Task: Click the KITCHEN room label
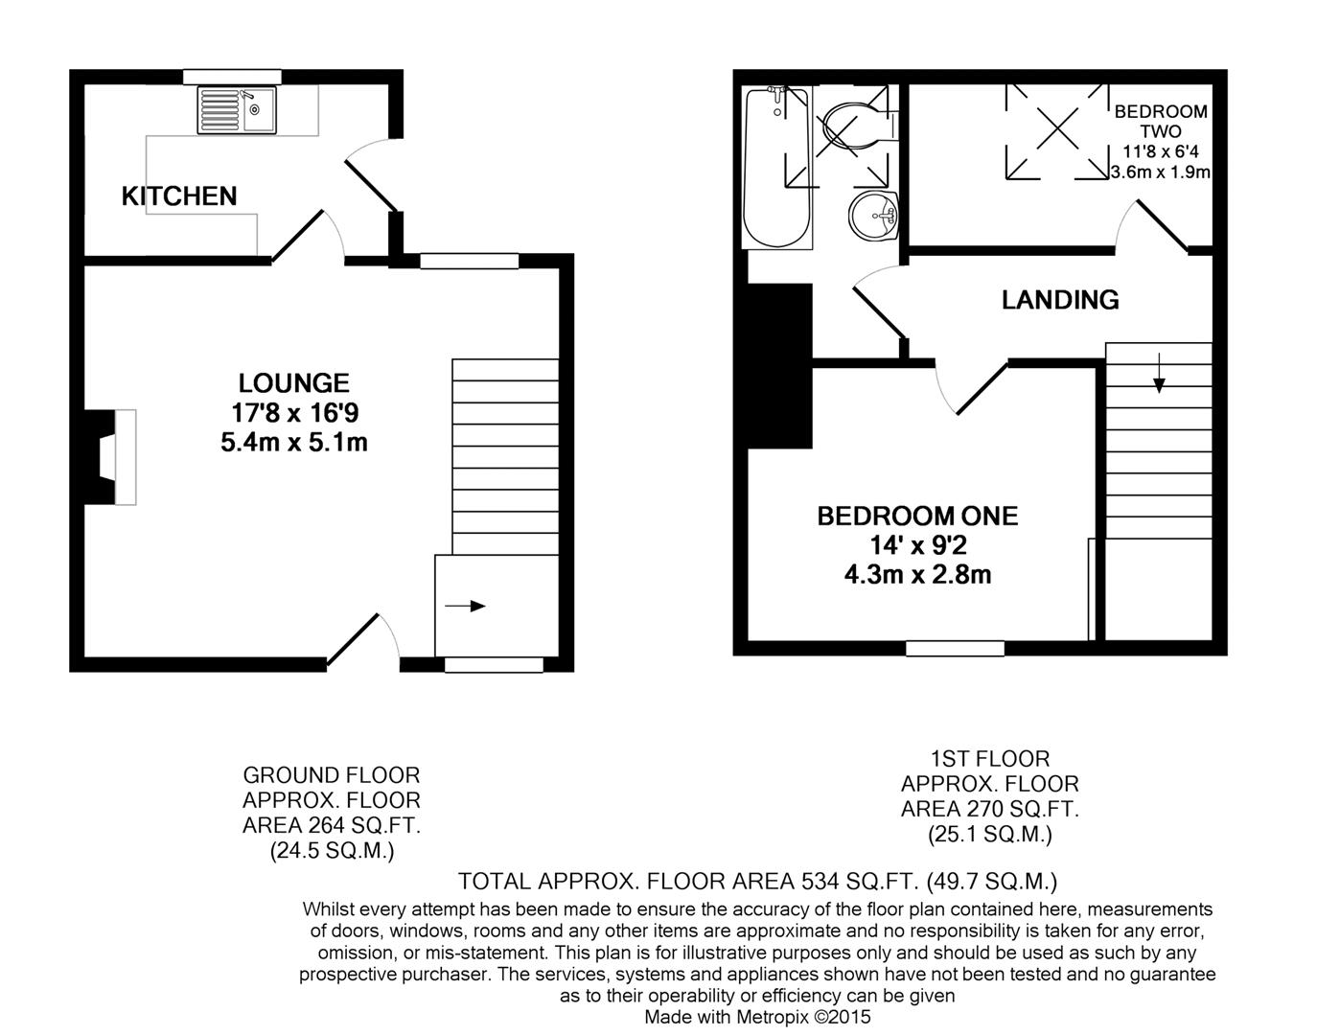tap(179, 196)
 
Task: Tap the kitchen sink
tap(236, 110)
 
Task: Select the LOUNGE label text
tap(293, 383)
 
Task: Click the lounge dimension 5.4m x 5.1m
tap(293, 443)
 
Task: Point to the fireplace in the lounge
tap(110, 457)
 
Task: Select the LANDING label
tap(1060, 300)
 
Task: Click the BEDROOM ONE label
tap(917, 517)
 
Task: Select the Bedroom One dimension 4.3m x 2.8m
tap(917, 575)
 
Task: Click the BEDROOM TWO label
tap(1161, 122)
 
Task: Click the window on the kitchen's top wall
tap(232, 77)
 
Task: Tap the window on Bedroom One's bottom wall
tap(955, 649)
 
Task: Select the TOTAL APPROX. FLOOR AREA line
tap(757, 881)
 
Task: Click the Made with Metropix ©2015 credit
tap(757, 1017)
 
